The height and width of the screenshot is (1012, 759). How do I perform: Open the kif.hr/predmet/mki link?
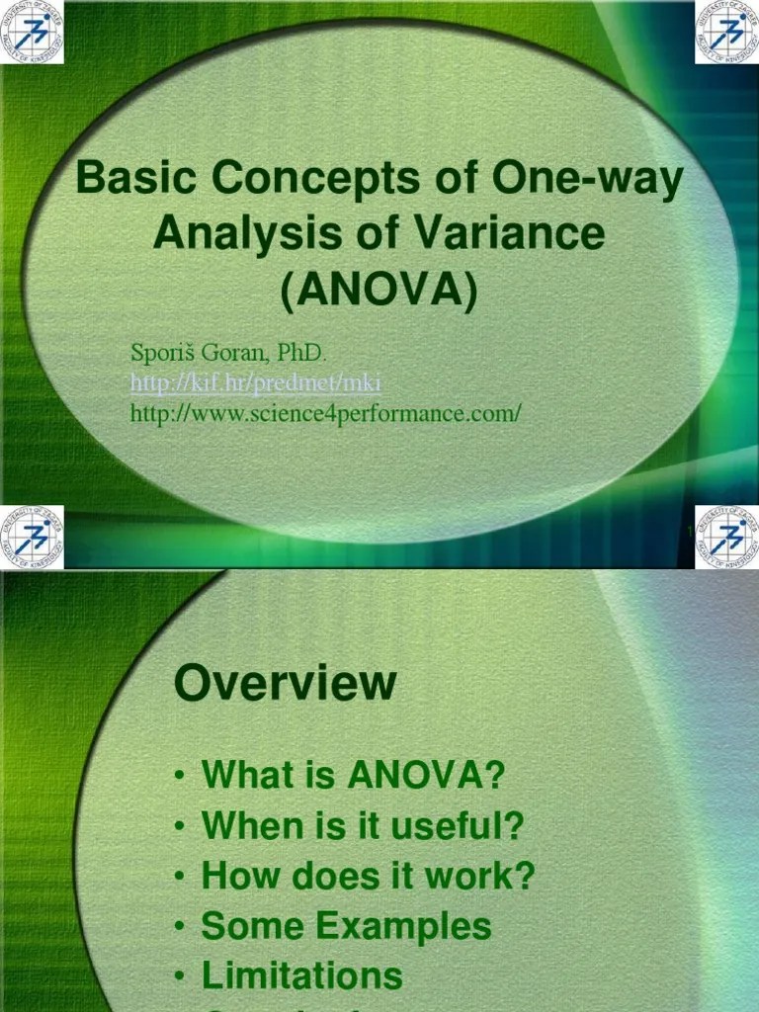click(255, 382)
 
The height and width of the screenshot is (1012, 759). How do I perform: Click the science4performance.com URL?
click(325, 413)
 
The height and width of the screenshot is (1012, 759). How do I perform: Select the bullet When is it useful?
click(362, 824)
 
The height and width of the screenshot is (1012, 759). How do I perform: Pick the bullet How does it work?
click(367, 876)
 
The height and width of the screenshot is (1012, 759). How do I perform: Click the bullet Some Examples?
click(346, 926)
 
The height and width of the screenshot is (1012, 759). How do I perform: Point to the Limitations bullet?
click(301, 976)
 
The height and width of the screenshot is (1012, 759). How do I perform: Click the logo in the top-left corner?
click(33, 32)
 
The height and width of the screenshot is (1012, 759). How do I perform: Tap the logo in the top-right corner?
click(726, 32)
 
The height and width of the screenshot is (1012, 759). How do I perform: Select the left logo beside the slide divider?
click(33, 537)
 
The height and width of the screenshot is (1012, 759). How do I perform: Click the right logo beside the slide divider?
click(726, 537)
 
